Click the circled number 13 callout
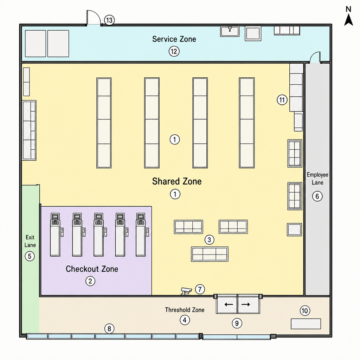[x=109, y=20]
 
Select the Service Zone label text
[x=174, y=39]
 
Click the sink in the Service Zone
[x=230, y=31]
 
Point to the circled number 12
[x=174, y=51]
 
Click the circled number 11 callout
[x=282, y=100]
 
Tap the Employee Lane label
[x=317, y=179]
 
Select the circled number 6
[x=317, y=196]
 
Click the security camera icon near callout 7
[x=186, y=291]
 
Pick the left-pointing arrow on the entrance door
[x=229, y=304]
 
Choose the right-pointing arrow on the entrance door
[x=246, y=304]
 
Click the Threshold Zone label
[x=185, y=310]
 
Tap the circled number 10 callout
[x=305, y=311]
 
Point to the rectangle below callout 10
[x=306, y=324]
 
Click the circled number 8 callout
[x=109, y=329]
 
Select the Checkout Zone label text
[x=92, y=269]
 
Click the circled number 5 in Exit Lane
[x=30, y=256]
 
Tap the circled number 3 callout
[x=210, y=240]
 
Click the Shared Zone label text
[x=177, y=181]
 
